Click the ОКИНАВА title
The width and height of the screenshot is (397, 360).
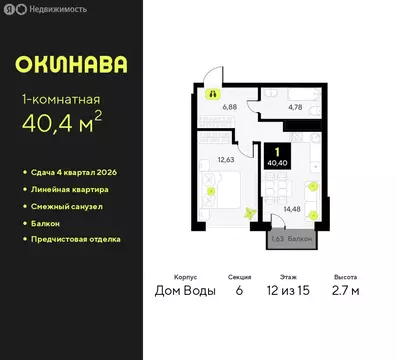click(x=71, y=65)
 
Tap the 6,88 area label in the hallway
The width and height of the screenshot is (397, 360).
click(x=228, y=104)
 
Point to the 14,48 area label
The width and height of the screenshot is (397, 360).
click(x=293, y=209)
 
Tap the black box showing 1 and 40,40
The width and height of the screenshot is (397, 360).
click(x=275, y=154)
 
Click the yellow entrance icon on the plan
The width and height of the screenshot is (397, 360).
click(x=212, y=94)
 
